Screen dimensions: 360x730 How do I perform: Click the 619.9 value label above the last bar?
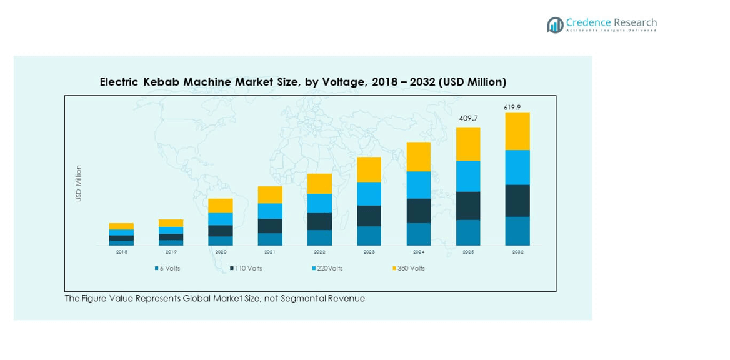[512, 107]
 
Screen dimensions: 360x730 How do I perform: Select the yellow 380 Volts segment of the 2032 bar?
[517, 131]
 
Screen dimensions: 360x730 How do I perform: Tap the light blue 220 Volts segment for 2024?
[419, 185]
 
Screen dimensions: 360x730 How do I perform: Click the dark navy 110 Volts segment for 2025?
[468, 206]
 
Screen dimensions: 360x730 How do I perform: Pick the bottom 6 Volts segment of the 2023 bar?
[369, 236]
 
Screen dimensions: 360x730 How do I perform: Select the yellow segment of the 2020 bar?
[221, 206]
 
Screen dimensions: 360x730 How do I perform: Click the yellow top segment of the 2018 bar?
[121, 226]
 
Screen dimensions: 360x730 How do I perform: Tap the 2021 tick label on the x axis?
[270, 252]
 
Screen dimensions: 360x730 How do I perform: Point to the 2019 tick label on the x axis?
[171, 252]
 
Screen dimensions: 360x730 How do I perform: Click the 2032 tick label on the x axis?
[517, 252]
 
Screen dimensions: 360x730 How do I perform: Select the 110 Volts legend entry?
[247, 269]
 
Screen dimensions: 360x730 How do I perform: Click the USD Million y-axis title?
[79, 183]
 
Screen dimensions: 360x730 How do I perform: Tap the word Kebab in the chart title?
[160, 82]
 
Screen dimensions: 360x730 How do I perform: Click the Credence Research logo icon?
[555, 25]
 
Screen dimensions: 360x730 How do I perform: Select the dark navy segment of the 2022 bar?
[319, 221]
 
